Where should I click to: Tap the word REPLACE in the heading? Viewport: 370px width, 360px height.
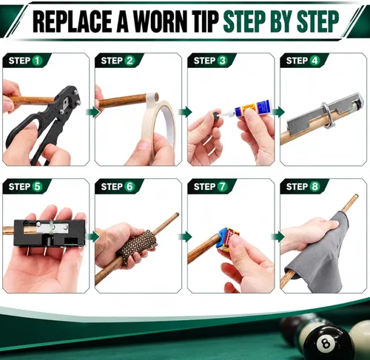coord(73,21)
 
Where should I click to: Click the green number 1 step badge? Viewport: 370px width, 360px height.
coord(37,61)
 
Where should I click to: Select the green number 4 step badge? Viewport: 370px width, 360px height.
coord(315,61)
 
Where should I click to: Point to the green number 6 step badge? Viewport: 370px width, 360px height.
coord(129,186)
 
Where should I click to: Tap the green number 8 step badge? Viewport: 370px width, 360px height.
coord(315,186)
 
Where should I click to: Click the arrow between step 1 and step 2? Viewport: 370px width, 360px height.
coord(92,112)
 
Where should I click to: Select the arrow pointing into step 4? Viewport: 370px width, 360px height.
coord(278,112)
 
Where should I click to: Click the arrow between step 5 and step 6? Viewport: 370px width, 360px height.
coord(92,237)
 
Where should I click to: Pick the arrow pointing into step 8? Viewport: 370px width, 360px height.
coord(278,237)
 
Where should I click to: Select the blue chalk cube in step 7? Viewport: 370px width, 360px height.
coord(221,237)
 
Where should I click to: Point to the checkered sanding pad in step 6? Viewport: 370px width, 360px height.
coord(137,246)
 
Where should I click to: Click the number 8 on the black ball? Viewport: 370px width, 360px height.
coord(326,344)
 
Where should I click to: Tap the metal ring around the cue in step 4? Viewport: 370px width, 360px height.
coord(326,115)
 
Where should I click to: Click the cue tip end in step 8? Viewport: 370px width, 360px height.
coord(357,196)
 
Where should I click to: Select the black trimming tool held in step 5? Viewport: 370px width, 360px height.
coord(50,233)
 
